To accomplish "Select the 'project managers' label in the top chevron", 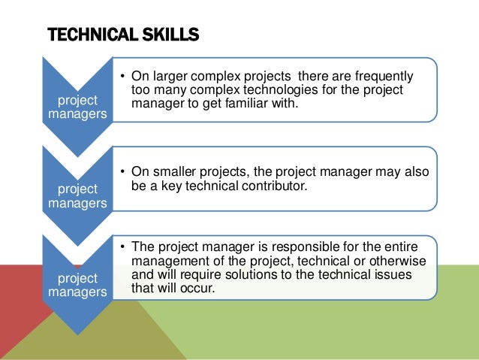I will pyautogui.click(x=77, y=107).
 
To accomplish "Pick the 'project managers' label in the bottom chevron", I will pyautogui.click(x=77, y=285).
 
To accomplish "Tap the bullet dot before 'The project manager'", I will pyautogui.click(x=122, y=247).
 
